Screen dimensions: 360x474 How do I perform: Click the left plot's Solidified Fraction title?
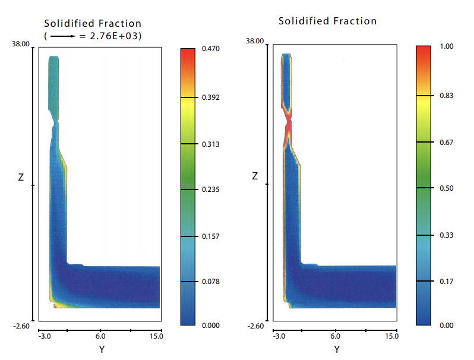tap(93, 24)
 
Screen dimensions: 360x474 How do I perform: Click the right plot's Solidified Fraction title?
tap(328, 21)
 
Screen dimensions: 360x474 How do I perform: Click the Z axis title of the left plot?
tap(21, 177)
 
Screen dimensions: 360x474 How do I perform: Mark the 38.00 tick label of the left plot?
tap(21, 45)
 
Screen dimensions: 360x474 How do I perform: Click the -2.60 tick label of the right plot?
tap(256, 326)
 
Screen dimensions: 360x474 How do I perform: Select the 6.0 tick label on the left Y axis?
tap(101, 336)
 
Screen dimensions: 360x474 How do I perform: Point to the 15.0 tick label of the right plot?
tap(392, 336)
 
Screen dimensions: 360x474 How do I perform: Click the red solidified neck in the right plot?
tap(289, 126)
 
